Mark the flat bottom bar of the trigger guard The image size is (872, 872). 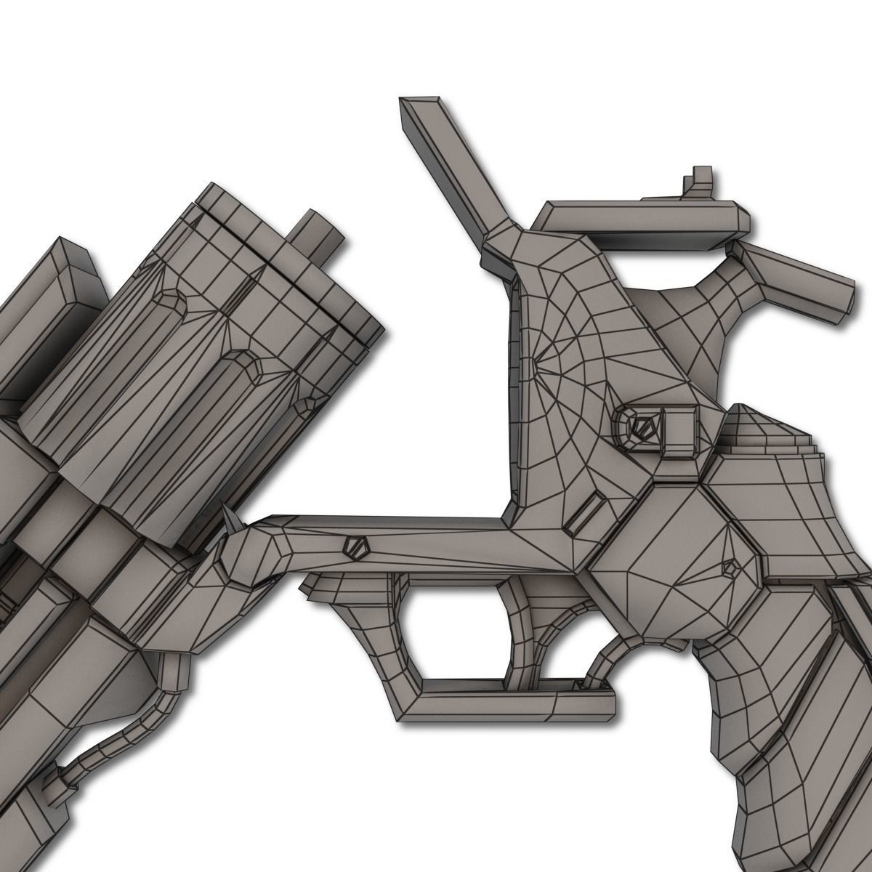[509, 705]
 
